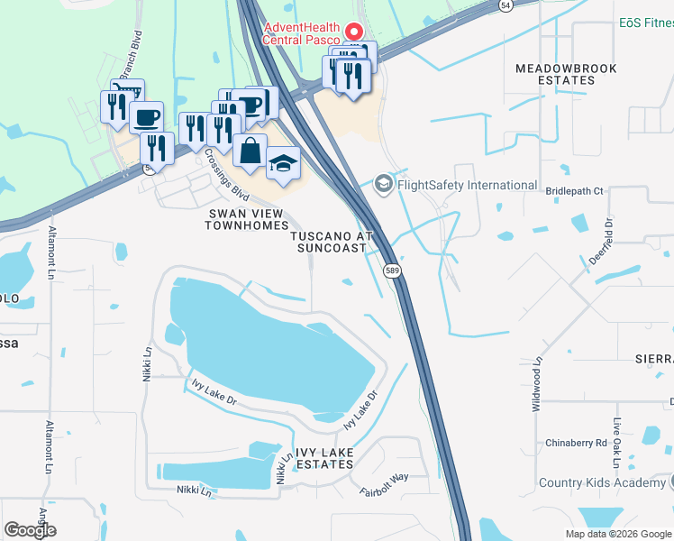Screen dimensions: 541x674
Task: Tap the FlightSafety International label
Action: (x=467, y=186)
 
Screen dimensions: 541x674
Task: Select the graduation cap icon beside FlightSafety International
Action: (x=383, y=184)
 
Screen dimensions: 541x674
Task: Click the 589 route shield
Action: (x=392, y=270)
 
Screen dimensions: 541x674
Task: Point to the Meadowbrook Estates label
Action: (x=555, y=74)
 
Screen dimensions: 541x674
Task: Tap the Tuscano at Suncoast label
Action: (x=332, y=242)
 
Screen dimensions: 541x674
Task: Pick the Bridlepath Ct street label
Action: (x=573, y=192)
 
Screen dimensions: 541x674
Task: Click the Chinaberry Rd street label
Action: (x=576, y=443)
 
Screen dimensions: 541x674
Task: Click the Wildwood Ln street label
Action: (x=536, y=383)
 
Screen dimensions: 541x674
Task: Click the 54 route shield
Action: (x=506, y=5)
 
